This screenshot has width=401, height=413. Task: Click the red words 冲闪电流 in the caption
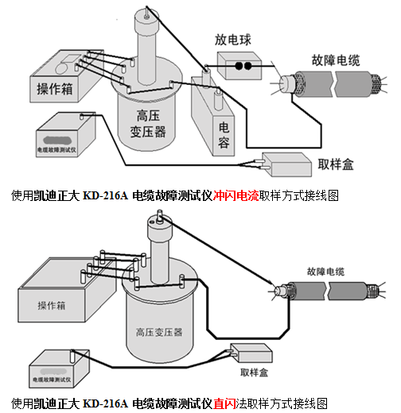click(x=237, y=195)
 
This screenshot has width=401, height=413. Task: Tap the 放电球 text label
click(x=232, y=39)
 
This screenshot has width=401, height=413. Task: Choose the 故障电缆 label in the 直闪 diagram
click(x=326, y=272)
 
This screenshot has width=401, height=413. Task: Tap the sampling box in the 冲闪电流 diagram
click(x=282, y=163)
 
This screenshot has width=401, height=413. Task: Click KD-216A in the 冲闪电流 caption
click(x=106, y=195)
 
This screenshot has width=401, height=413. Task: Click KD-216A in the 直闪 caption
click(x=106, y=403)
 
